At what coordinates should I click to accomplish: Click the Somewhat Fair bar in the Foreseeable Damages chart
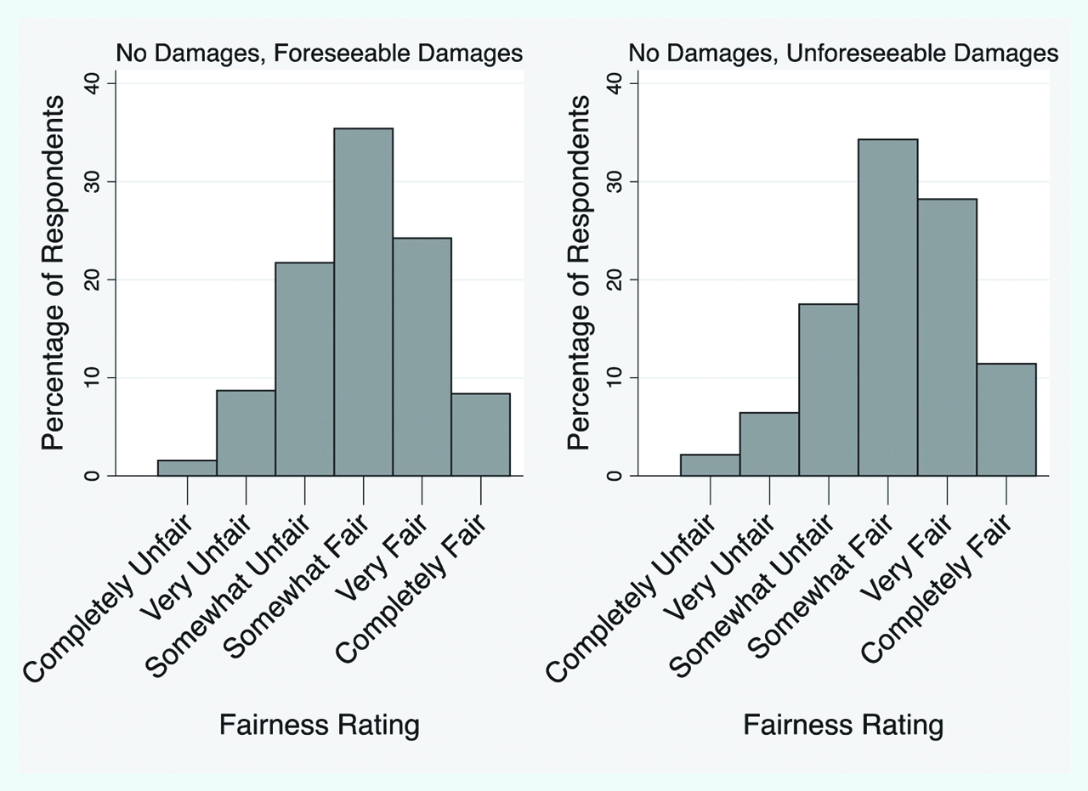coord(363,302)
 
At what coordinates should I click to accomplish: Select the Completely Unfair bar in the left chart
coord(187,467)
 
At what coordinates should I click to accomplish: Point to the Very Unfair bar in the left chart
coord(246,432)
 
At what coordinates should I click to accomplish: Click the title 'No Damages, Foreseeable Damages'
coord(319,54)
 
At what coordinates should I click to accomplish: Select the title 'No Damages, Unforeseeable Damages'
coord(843,54)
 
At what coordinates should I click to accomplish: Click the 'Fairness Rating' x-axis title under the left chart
coord(320,726)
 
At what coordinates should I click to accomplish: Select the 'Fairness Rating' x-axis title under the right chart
coord(843,726)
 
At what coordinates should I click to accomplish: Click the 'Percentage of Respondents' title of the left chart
coord(54,272)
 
